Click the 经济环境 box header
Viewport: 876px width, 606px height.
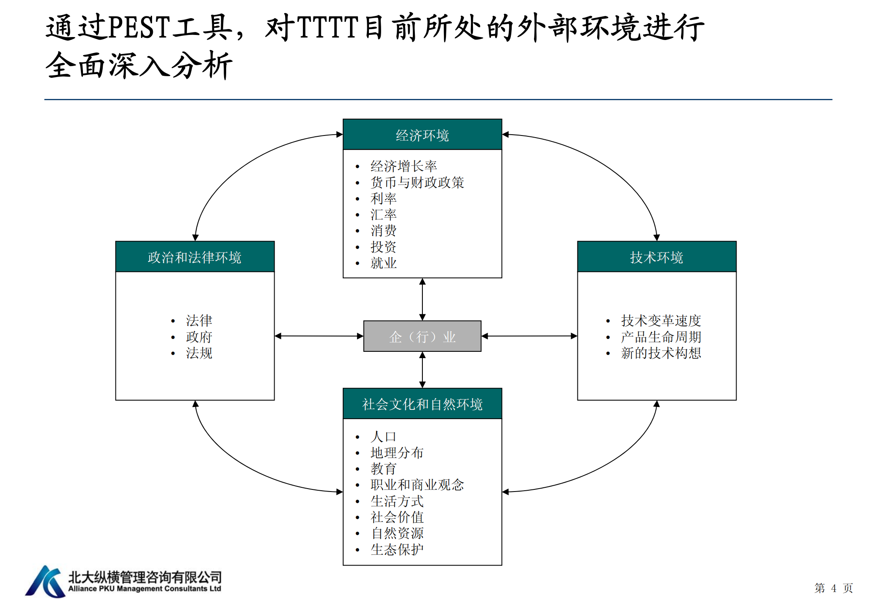(x=422, y=135)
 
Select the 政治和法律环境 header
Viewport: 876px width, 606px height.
(x=195, y=257)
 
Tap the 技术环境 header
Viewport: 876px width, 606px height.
(x=657, y=257)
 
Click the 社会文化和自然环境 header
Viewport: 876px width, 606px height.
(x=422, y=404)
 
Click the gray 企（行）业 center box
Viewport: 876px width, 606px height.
(x=422, y=336)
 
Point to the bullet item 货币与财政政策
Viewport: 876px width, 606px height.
(x=417, y=182)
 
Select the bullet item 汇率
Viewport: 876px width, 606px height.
(x=383, y=215)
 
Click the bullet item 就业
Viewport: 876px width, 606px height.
(x=383, y=263)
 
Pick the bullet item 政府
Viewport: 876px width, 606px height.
(x=199, y=337)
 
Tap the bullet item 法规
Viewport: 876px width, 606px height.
(x=199, y=353)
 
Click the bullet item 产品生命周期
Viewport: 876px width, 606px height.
(x=661, y=337)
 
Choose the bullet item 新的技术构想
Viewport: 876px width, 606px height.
(x=661, y=353)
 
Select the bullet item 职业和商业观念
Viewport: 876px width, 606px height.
(x=417, y=485)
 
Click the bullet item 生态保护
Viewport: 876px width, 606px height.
(x=397, y=549)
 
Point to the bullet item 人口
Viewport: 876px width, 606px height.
(x=383, y=436)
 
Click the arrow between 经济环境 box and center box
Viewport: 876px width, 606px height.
(x=422, y=299)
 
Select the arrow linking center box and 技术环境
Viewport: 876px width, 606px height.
(x=529, y=336)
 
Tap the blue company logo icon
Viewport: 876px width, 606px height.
(x=45, y=582)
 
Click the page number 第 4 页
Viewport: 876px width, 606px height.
(x=833, y=588)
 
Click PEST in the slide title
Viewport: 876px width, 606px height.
(x=139, y=27)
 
